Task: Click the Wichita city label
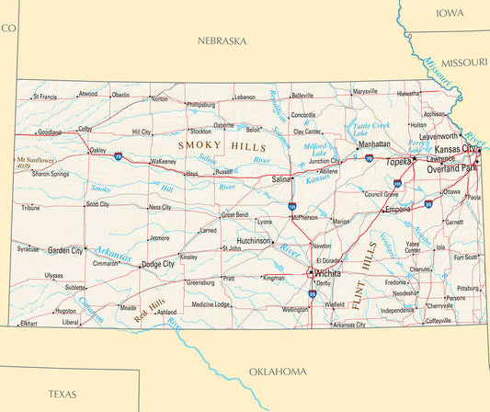328,274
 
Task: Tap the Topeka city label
398,162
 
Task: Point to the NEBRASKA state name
222,41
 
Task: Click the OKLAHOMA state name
278,372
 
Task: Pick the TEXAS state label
63,394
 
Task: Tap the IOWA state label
450,13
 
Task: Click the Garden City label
65,249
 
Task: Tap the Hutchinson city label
247,241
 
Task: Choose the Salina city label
282,180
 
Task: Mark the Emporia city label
398,209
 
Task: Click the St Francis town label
45,96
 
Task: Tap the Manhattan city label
373,144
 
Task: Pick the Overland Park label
451,169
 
